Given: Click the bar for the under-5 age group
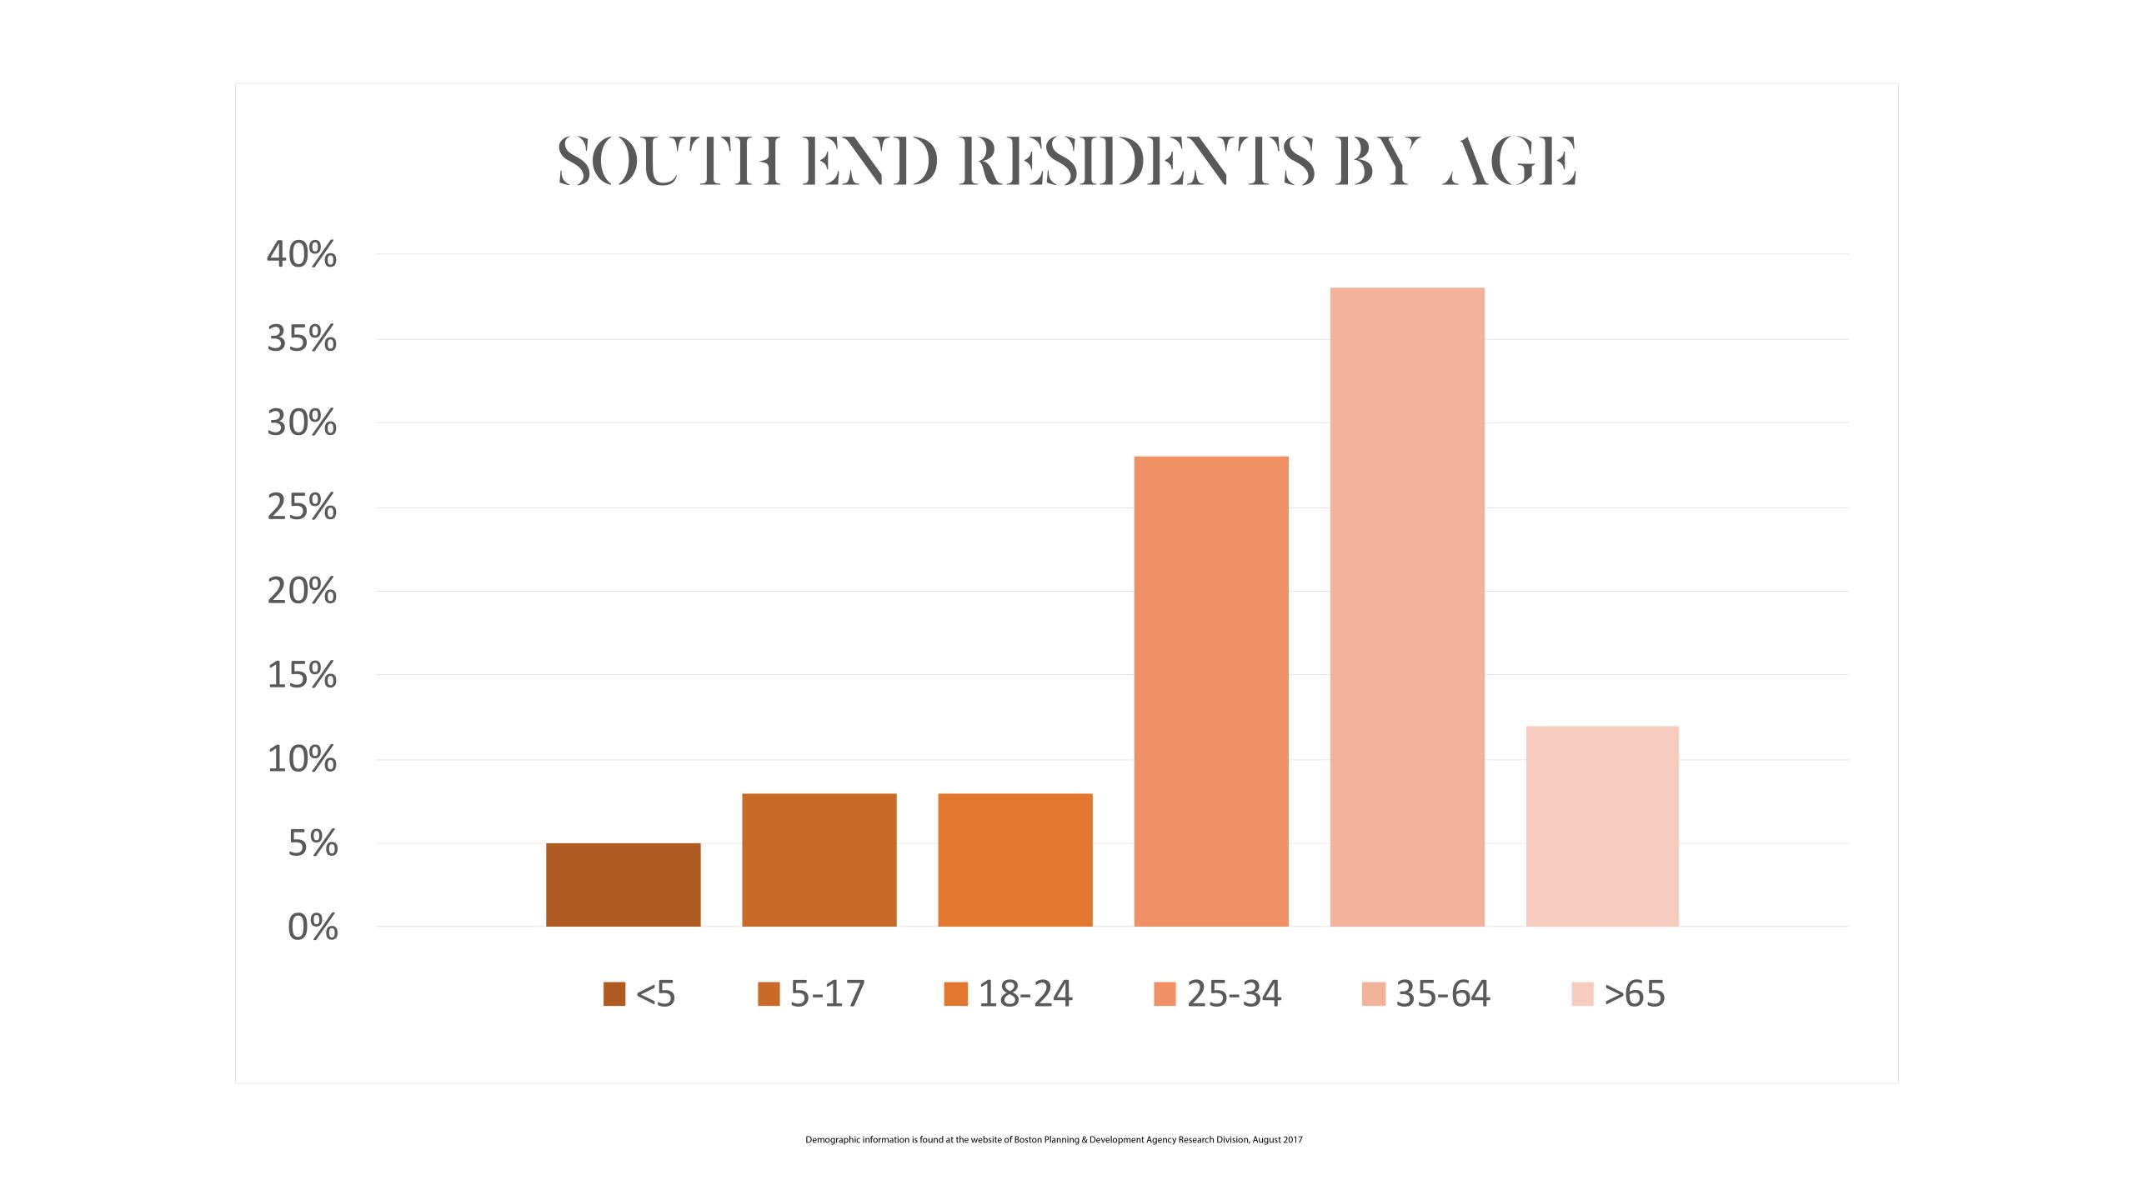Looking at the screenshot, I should point(623,884).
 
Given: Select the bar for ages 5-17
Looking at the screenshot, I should point(819,859).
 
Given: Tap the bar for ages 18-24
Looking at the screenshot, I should point(1014,859).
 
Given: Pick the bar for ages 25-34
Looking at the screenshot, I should point(1210,691).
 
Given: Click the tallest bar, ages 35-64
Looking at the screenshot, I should point(1407,607).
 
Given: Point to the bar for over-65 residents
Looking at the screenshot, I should point(1602,826).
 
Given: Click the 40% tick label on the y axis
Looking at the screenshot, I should point(302,254).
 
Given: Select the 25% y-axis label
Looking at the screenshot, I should point(302,507).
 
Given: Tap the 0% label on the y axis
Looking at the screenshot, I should point(313,927).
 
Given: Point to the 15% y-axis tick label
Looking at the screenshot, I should point(302,675).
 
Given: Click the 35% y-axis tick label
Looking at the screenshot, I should point(302,338).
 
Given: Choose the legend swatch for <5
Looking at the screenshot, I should point(614,993).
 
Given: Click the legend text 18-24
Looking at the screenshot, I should point(1025,993).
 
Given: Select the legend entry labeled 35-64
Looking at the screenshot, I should point(1442,993).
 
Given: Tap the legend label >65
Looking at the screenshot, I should point(1634,993).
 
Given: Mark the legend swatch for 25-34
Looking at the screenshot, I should point(1165,993).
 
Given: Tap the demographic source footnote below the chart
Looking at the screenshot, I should point(1054,1139).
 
